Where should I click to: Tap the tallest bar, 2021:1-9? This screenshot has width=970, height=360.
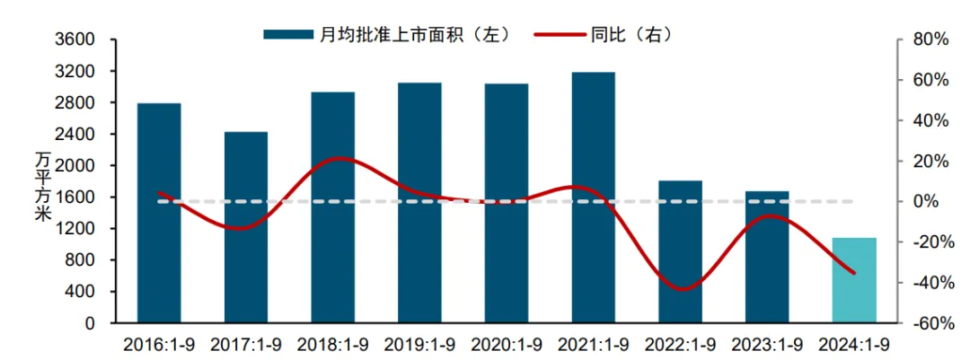tap(594, 198)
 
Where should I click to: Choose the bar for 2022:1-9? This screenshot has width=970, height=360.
tap(680, 251)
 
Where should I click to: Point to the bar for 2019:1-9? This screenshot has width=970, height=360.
tap(419, 203)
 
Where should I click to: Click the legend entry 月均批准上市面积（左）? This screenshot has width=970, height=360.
tap(387, 34)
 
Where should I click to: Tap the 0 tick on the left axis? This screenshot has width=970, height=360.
tap(89, 323)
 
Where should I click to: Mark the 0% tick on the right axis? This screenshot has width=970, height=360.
tap(928, 202)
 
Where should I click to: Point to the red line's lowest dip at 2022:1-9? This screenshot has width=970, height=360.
tap(682, 289)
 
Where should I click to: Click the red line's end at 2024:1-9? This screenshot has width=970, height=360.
tap(854, 273)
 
